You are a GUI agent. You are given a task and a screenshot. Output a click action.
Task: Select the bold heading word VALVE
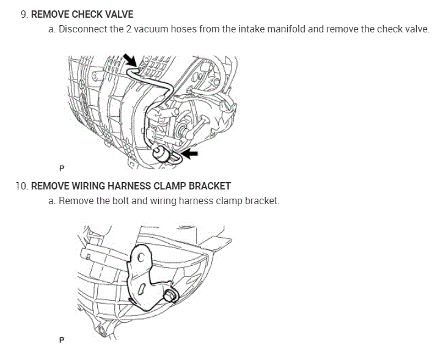pos(118,14)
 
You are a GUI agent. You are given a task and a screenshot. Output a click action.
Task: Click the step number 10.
pos(22,186)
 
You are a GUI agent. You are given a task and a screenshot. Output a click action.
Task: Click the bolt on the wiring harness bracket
pos(172,296)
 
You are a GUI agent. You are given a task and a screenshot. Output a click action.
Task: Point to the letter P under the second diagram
pos(62,340)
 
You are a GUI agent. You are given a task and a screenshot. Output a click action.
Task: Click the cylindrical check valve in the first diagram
pos(163,155)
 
